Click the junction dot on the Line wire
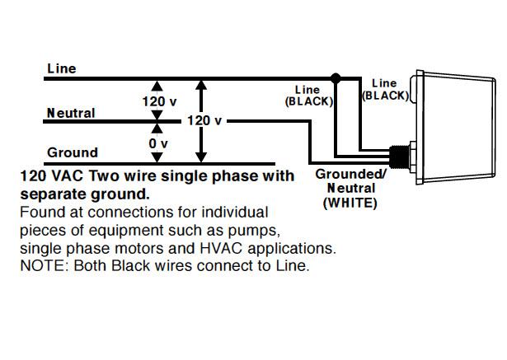click(335, 79)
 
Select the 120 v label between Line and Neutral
click(159, 101)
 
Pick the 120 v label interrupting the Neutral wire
click(204, 120)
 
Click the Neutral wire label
click(71, 113)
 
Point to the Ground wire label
click(73, 152)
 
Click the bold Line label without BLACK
click(62, 68)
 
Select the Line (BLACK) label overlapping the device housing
click(384, 89)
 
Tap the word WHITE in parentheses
click(350, 201)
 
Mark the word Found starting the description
click(38, 212)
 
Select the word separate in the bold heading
click(51, 194)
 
